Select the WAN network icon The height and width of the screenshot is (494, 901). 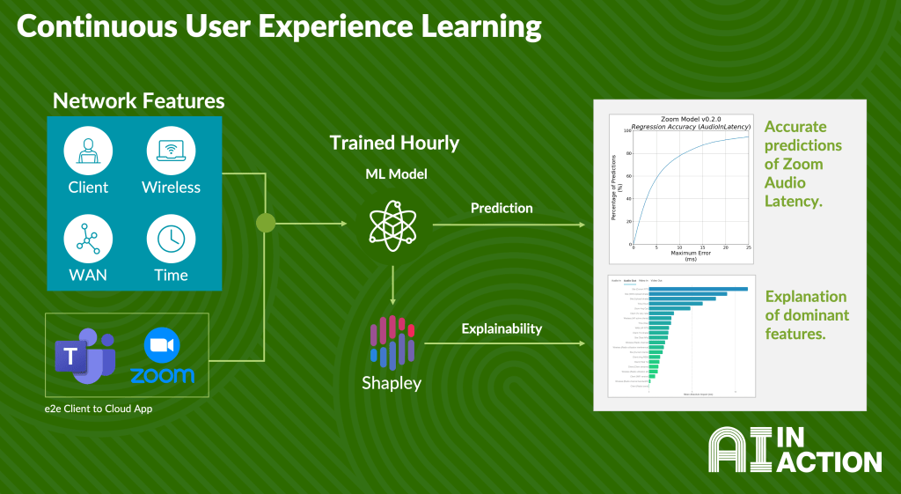88,239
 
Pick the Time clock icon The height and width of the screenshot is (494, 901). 171,239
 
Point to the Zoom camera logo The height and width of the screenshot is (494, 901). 162,345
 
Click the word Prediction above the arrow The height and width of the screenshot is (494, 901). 502,209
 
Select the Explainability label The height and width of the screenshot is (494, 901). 502,328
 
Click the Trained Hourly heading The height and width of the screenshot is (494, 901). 394,143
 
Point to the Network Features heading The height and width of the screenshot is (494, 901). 138,100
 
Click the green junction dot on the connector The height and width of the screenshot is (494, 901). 266,223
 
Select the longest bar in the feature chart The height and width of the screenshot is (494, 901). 698,288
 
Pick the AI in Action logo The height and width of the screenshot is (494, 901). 794,451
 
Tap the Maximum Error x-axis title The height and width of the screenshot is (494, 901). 691,253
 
